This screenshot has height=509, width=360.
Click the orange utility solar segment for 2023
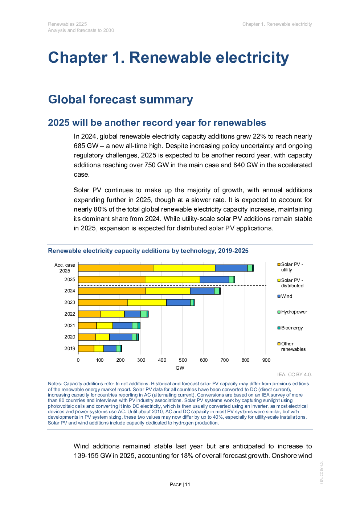[103, 303]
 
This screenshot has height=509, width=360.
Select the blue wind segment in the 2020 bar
[120, 337]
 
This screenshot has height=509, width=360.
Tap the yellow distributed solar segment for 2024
[168, 291]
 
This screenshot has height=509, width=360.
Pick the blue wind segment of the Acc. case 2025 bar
[231, 268]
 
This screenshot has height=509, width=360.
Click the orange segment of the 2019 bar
[86, 349]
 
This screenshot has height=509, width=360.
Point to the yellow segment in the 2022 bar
[112, 314]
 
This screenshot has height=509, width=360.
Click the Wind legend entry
[286, 296]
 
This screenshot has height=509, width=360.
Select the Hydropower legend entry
[294, 312]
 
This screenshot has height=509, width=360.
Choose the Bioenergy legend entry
[291, 328]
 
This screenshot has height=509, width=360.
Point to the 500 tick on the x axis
[183, 360]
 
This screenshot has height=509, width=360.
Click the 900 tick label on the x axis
[266, 360]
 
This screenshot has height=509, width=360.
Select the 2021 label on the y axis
[70, 326]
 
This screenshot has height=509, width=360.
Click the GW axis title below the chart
[180, 368]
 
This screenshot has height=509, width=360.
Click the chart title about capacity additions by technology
[148, 251]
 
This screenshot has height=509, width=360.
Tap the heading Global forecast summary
[120, 99]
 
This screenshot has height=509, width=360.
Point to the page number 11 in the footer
[187, 485]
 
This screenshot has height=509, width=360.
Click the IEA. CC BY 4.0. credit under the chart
[294, 374]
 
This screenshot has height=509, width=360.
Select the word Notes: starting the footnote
[55, 384]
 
